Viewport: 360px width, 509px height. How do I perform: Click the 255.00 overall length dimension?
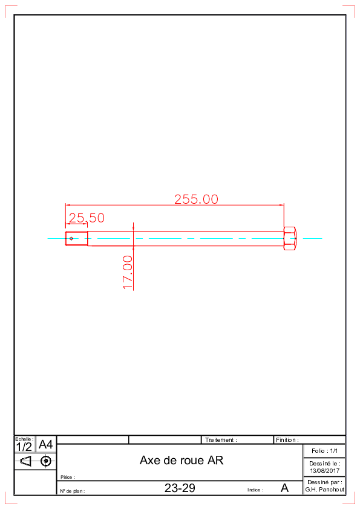pos(196,199)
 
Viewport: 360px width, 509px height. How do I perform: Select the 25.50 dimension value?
pos(87,218)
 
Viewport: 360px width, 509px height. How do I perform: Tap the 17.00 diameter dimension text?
pos(128,272)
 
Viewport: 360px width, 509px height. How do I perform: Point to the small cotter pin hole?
pos(71,239)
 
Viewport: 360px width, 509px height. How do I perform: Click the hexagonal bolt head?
pos(290,239)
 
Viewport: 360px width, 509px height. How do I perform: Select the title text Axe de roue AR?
pos(182,460)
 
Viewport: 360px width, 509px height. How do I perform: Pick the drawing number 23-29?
pos(180,488)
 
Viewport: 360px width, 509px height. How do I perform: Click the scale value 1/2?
pos(24,447)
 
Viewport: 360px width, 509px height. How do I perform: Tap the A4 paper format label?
pos(45,444)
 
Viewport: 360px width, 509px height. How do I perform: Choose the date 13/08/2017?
pos(324,471)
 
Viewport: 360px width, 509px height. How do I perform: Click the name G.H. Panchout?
pos(324,490)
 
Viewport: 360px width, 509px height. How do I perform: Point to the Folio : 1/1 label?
pos(324,451)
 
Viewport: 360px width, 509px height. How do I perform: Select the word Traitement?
pos(219,440)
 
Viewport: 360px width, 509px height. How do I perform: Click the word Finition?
pos(286,440)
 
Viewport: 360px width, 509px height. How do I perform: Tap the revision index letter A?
pos(284,488)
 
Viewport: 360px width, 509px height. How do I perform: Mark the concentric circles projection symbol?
pos(46,461)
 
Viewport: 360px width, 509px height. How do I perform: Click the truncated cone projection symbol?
pos(25,461)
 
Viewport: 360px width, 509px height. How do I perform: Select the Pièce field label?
pos(67,477)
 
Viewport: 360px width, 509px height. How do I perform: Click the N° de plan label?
pos(71,491)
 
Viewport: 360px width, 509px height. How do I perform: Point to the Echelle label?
pos(24,439)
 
